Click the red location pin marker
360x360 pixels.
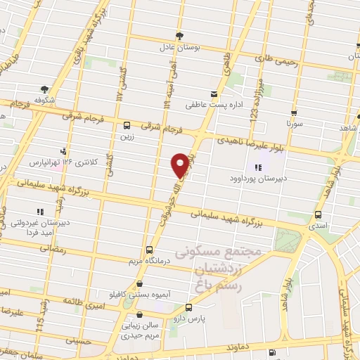pos(181,164)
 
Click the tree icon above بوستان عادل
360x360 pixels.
pos(180,34)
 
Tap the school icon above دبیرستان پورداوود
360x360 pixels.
pos(257,167)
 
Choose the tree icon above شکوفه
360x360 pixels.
pos(44,89)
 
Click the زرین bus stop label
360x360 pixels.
pos(127,137)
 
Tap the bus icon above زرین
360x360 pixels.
pos(126,127)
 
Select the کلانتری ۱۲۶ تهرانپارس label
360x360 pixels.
pos(56,162)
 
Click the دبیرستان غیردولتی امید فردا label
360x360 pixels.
pos(37,228)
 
